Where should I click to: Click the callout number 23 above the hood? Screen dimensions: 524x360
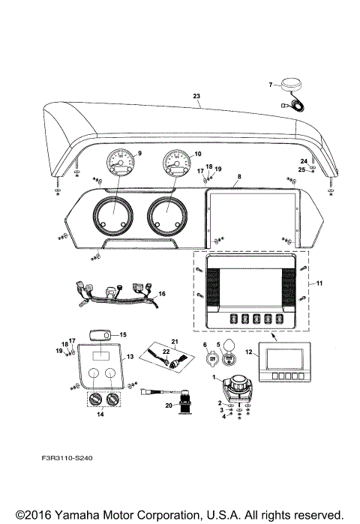[197, 96]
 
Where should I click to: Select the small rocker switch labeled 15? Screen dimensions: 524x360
[99, 334]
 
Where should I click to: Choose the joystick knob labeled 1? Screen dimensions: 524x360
[240, 380]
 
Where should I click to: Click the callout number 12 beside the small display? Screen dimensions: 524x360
[249, 352]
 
